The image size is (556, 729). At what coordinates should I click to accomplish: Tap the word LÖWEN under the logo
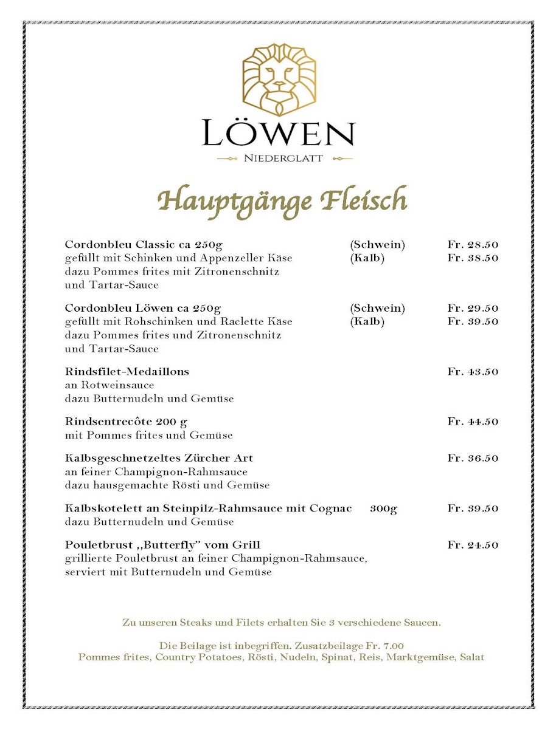278,134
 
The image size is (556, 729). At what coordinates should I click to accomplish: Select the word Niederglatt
283,159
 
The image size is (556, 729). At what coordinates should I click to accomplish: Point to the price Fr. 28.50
473,245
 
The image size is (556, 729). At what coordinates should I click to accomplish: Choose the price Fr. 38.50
473,258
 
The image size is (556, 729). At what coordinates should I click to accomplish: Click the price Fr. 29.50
473,309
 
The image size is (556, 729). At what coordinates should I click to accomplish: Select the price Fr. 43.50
473,372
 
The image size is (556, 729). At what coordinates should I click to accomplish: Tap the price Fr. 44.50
473,422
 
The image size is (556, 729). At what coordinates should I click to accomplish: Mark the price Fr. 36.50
473,458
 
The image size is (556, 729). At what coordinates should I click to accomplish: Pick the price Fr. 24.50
473,545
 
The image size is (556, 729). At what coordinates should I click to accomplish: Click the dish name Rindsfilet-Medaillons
127,372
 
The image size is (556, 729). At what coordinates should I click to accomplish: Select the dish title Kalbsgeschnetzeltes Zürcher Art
159,458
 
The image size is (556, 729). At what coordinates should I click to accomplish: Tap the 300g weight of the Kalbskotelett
383,508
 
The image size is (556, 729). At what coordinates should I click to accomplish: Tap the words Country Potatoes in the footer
196,658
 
